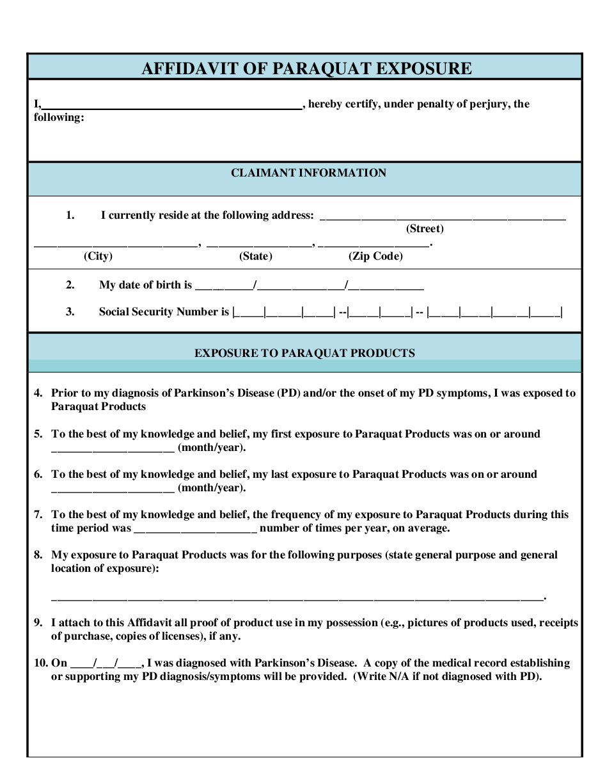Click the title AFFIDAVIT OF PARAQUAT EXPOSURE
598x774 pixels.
(x=306, y=68)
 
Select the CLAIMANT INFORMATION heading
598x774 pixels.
(x=308, y=173)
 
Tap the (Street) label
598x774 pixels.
(x=425, y=229)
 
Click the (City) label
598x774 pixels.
(x=98, y=257)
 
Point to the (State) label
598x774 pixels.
(x=256, y=257)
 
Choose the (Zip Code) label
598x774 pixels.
(x=375, y=257)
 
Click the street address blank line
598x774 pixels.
(x=443, y=216)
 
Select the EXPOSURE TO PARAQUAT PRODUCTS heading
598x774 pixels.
(x=304, y=353)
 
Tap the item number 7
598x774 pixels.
(x=38, y=515)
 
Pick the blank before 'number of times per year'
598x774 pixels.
(x=196, y=529)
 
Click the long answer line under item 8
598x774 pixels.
(x=297, y=597)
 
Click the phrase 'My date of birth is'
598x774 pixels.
(x=145, y=285)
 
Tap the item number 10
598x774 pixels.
(x=40, y=663)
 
